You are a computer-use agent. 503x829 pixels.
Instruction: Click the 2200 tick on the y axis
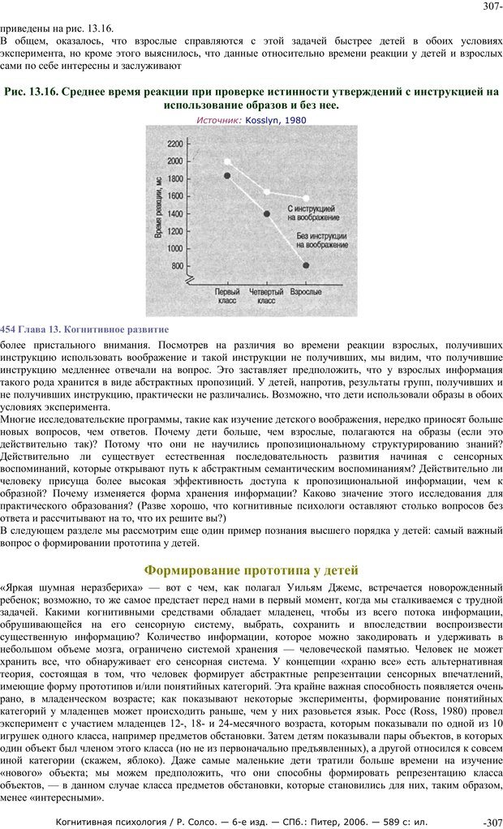coord(175,143)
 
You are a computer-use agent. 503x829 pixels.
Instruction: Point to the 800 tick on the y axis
coord(177,265)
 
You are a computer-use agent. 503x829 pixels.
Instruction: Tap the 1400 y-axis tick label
coord(175,213)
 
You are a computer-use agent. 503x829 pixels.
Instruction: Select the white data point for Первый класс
coord(228,161)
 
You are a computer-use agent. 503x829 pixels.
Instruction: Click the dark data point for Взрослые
coord(306,265)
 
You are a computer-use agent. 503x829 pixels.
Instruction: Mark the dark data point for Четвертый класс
coord(267,214)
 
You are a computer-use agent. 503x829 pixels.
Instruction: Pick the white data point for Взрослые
coord(306,198)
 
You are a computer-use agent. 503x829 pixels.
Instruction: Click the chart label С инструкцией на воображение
coord(313,213)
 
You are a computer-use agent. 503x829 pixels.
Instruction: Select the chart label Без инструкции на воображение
coord(319,238)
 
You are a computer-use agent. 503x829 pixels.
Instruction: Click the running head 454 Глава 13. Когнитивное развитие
coord(84,329)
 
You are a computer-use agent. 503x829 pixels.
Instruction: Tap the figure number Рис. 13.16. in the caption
coord(30,92)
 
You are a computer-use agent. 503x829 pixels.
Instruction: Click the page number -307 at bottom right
coord(492,822)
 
